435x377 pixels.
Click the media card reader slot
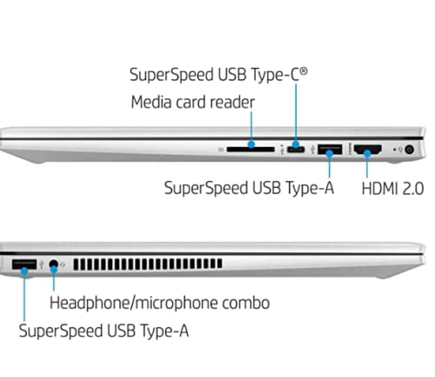251,150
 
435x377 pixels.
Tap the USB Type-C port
296,150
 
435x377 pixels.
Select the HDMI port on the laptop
368,150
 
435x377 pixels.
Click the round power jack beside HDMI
409,150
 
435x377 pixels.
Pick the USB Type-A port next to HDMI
330,149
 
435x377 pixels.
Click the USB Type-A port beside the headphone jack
24,265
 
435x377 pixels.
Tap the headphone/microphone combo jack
53,265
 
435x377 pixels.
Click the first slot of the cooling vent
77,264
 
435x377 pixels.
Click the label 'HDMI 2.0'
392,189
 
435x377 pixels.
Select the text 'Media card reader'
193,102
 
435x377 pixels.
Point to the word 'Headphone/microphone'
134,303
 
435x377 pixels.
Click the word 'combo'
246,303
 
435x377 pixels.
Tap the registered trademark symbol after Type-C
304,71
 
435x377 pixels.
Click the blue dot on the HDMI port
367,153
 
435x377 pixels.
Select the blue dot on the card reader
251,144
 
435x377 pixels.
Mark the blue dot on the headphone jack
54,269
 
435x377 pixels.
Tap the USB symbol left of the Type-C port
282,149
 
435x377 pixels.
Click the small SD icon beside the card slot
221,150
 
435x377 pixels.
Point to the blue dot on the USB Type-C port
296,145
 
